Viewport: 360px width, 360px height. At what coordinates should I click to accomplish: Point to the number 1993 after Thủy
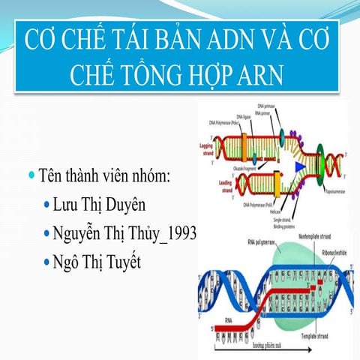point(179,233)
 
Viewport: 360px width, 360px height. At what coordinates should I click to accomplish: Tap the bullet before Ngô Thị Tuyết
point(47,262)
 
